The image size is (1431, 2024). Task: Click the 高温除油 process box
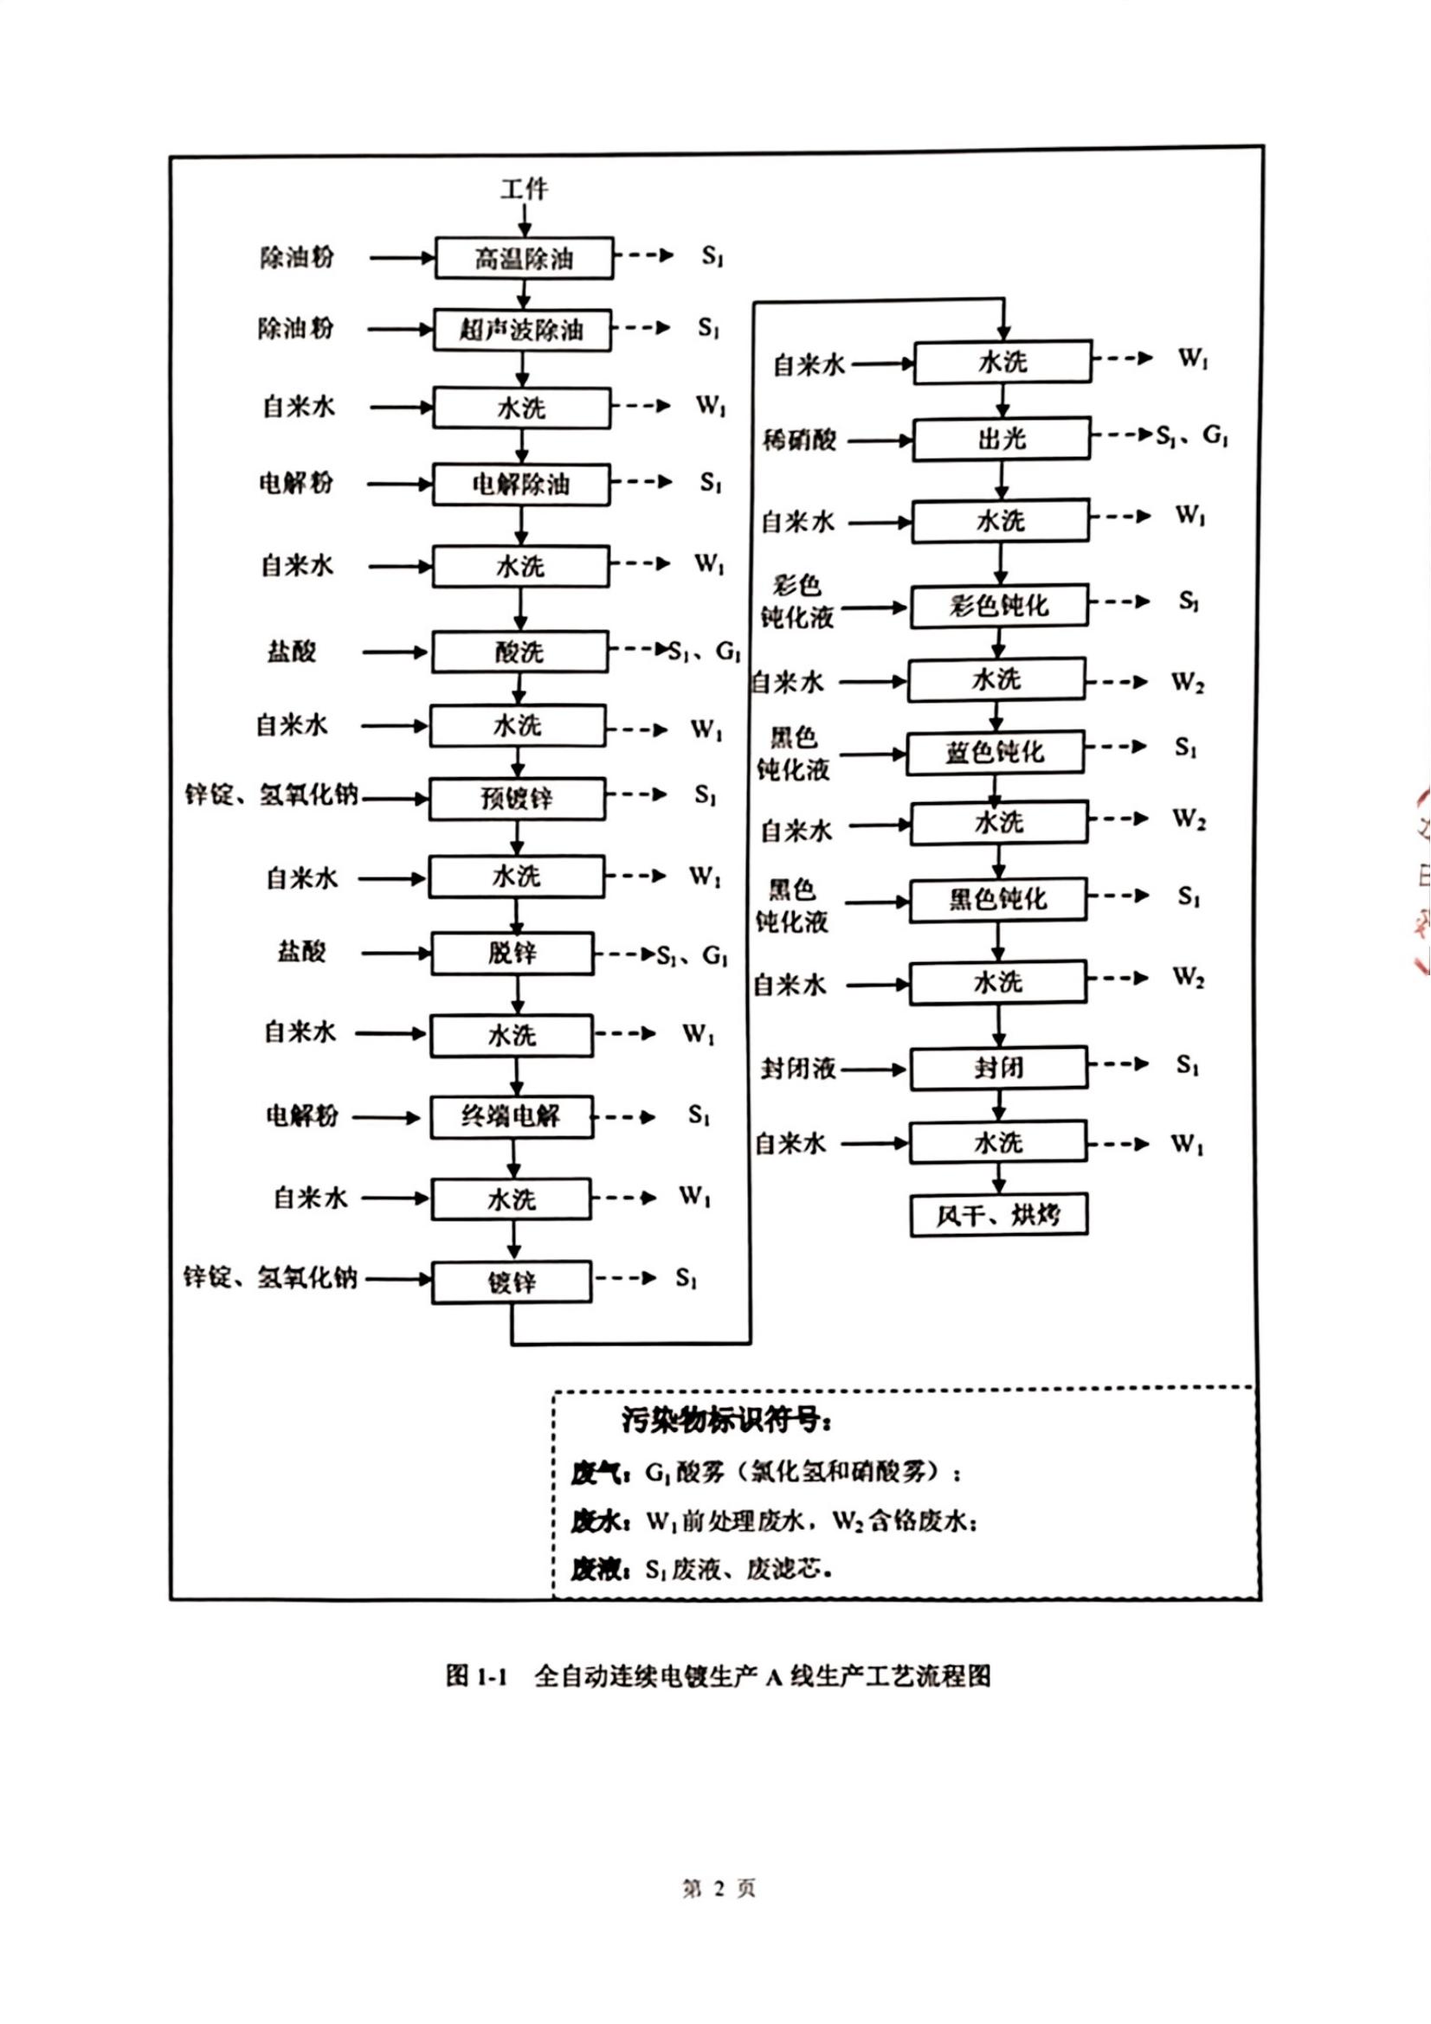524,258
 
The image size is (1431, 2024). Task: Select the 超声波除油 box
522,330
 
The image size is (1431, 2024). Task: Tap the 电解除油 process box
521,484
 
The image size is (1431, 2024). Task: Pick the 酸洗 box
519,652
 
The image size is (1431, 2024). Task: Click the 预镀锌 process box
518,799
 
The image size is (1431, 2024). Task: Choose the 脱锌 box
512,953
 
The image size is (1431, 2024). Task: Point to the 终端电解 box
512,1117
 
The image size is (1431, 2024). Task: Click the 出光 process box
1002,438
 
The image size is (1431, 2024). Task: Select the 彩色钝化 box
999,606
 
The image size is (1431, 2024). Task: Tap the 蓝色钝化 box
996,753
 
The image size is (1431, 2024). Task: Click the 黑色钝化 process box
998,899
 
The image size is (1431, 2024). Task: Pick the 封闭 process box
999,1069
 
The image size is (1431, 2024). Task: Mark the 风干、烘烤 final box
999,1216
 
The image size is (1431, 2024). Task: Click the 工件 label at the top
524,189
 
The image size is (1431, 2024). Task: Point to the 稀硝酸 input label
799,439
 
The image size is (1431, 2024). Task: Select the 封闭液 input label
798,1070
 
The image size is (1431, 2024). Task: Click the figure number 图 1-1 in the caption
476,1675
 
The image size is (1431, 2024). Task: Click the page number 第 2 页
719,1888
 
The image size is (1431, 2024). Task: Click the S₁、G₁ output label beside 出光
1192,435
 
